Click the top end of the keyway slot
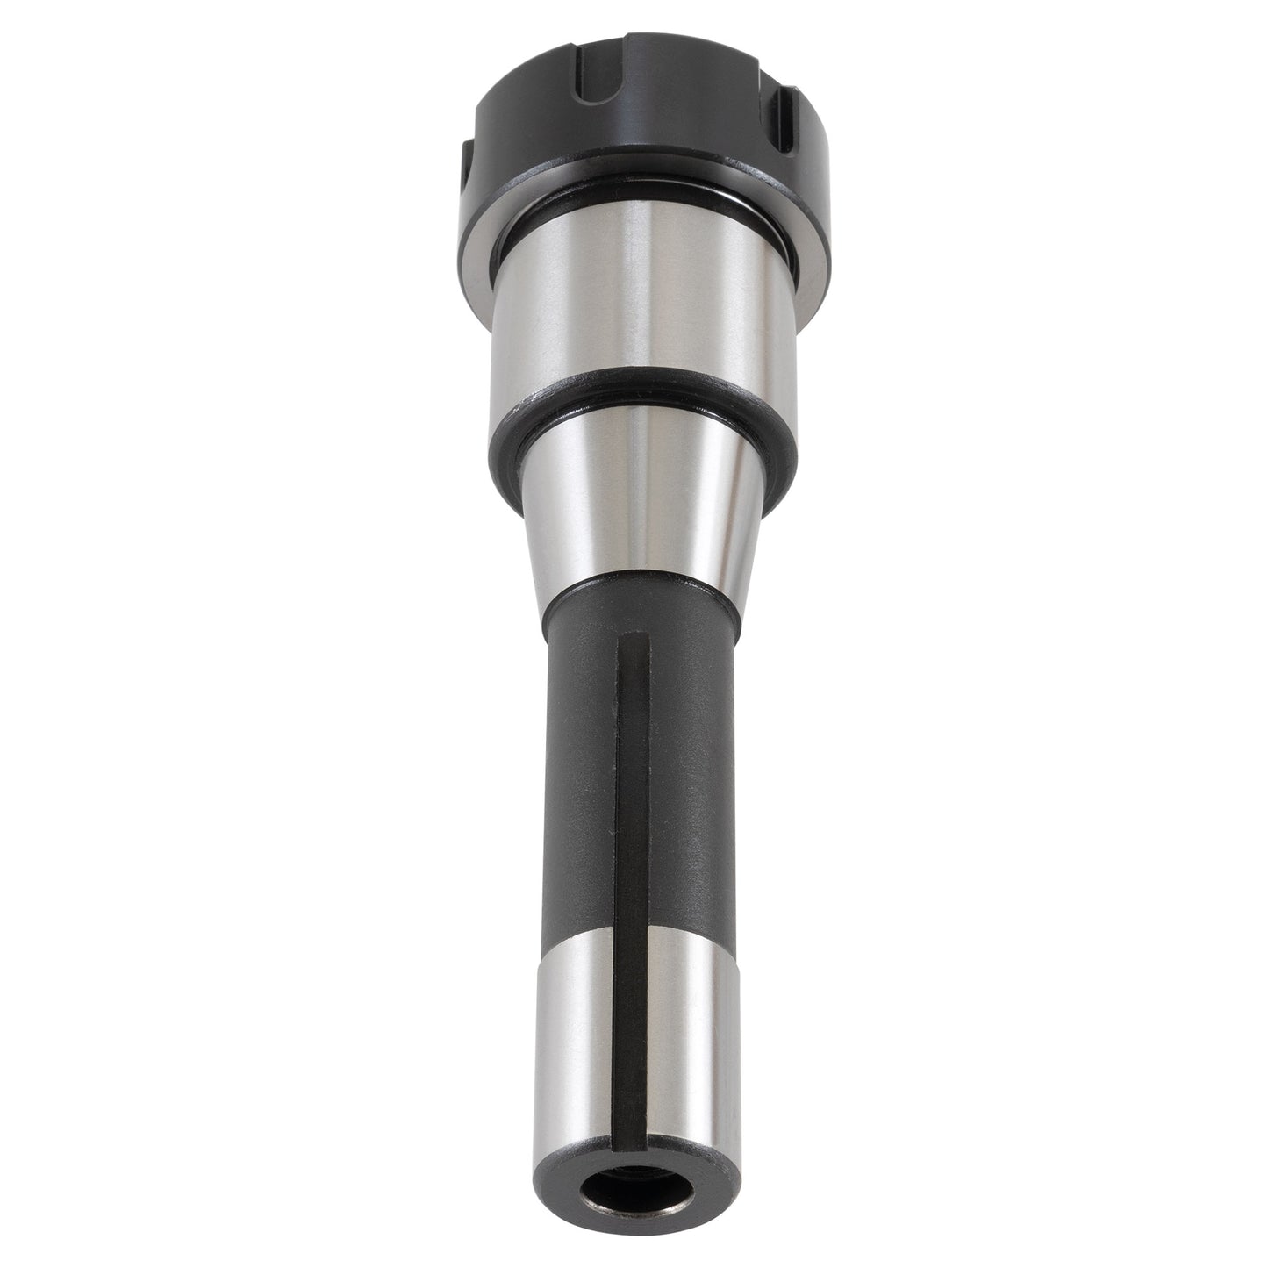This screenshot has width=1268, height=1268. click(633, 641)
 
